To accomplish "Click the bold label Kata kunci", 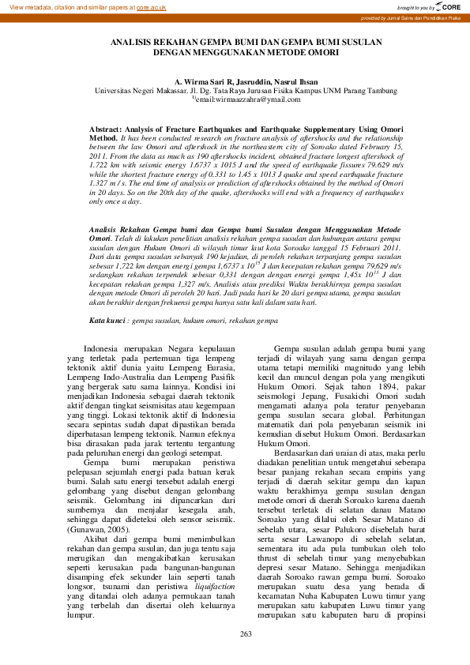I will coord(107,322).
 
